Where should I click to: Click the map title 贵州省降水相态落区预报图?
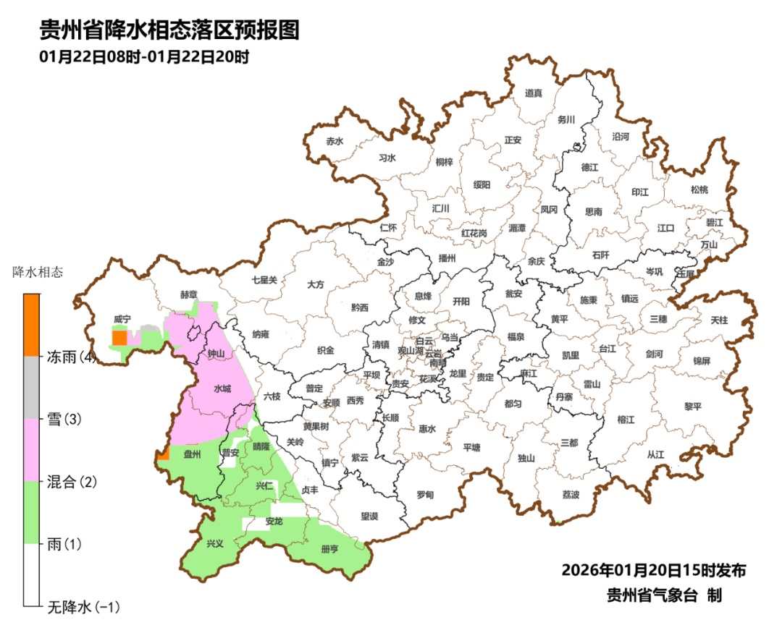[169, 30]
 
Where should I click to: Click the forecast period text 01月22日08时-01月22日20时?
[144, 56]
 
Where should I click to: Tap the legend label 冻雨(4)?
[71, 357]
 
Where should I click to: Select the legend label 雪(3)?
[64, 419]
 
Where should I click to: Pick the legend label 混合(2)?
[71, 482]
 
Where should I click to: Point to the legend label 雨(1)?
[64, 544]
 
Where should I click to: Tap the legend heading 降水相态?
[38, 273]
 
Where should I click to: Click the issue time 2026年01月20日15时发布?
[653, 570]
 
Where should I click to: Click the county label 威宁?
[122, 319]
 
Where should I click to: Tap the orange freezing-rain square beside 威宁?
[119, 337]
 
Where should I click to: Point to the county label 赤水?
[334, 141]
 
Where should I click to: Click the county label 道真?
[533, 93]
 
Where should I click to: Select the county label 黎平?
[693, 407]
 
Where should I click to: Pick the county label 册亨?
[329, 549]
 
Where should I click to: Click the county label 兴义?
[215, 543]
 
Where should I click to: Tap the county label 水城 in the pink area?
[222, 388]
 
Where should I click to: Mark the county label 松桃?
[699, 190]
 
